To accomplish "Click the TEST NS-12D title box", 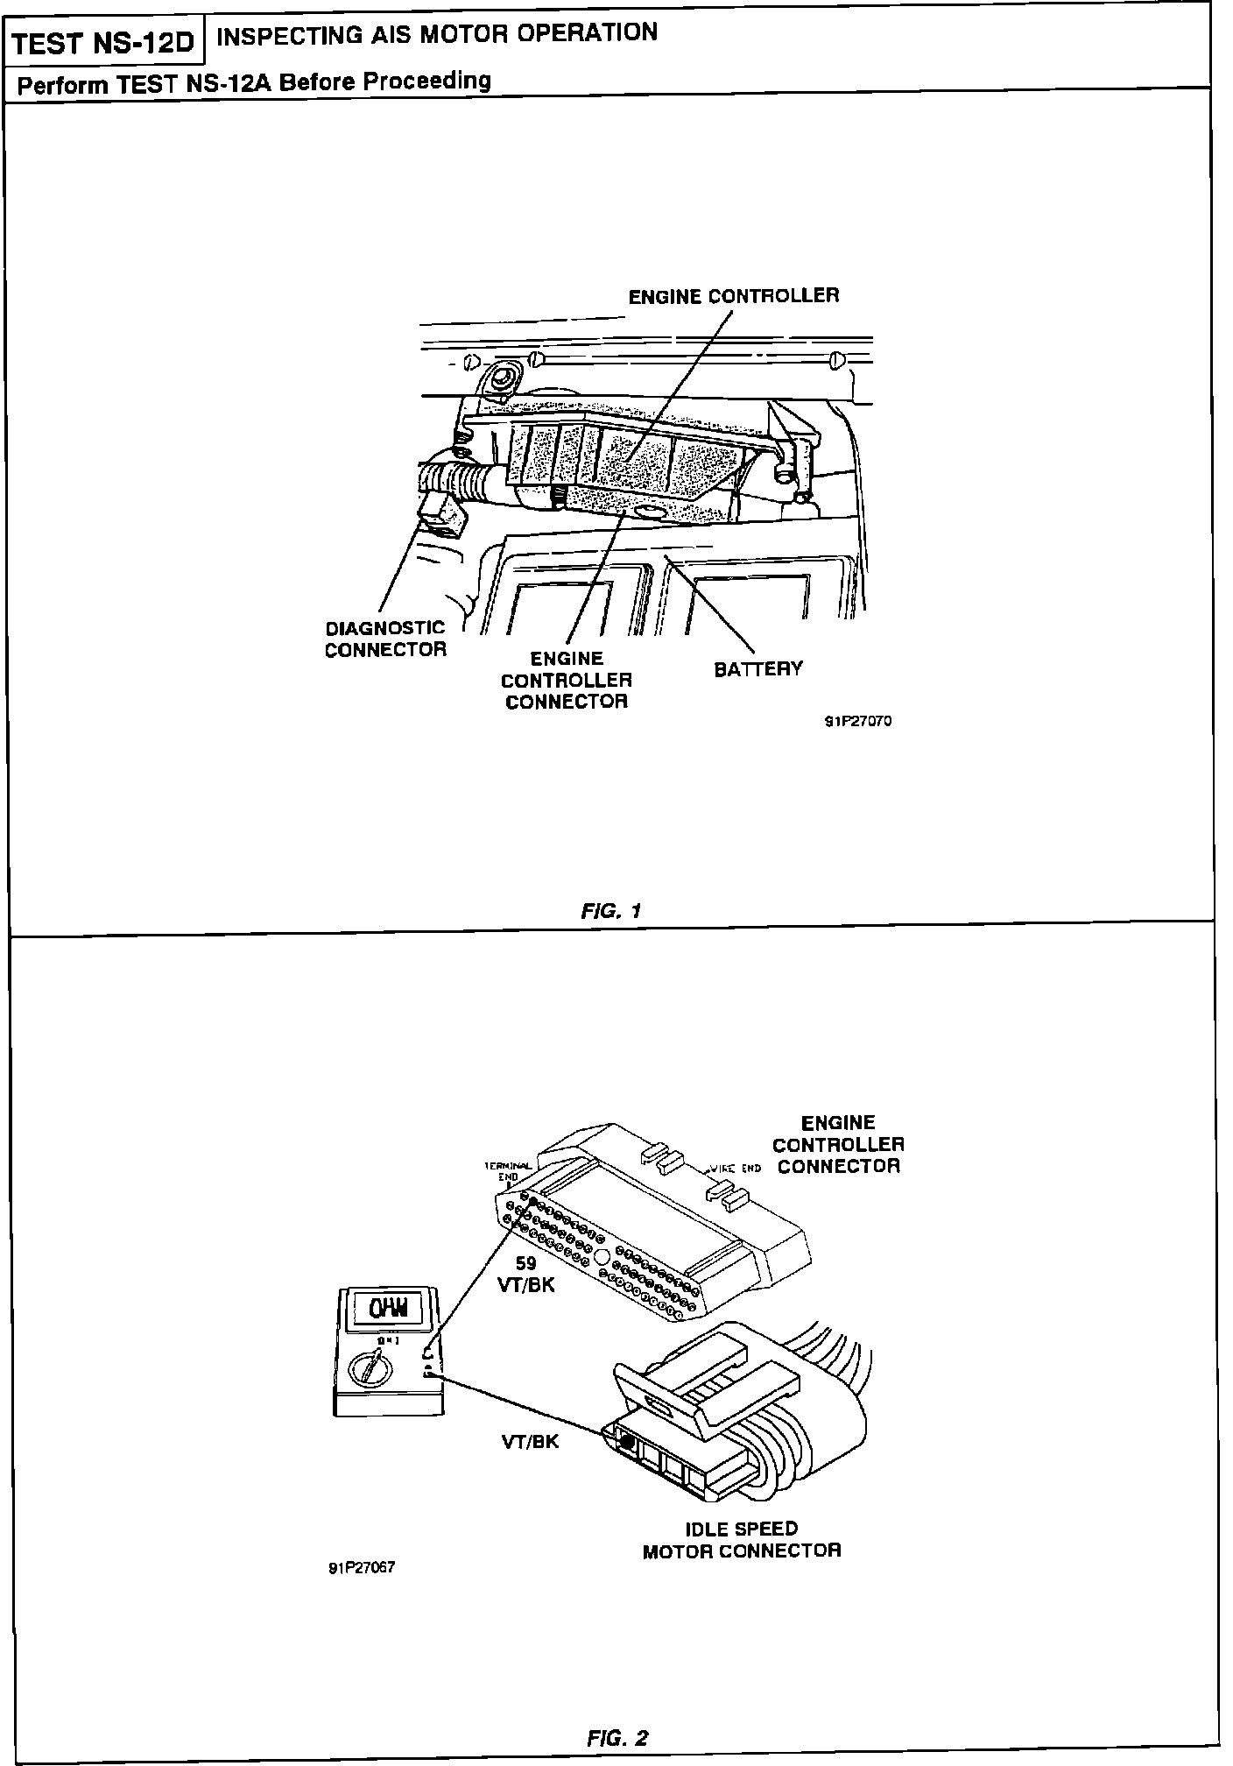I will pyautogui.click(x=103, y=43).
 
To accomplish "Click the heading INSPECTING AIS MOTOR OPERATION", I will pyautogui.click(x=436, y=34).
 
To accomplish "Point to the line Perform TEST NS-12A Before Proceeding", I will pyautogui.click(x=254, y=82).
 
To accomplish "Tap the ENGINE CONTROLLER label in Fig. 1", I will pyautogui.click(x=733, y=296).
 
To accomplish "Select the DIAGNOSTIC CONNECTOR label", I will pyautogui.click(x=385, y=639).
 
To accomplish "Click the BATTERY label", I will pyautogui.click(x=757, y=669).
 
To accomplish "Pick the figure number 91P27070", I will pyautogui.click(x=857, y=722).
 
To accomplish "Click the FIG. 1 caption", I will pyautogui.click(x=611, y=910).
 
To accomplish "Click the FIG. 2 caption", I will pyautogui.click(x=618, y=1737).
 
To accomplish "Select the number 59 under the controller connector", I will pyautogui.click(x=525, y=1264).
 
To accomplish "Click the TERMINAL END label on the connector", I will pyautogui.click(x=508, y=1171).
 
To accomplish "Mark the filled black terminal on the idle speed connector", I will pyautogui.click(x=627, y=1437).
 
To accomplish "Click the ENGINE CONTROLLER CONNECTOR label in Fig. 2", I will pyautogui.click(x=838, y=1144).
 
